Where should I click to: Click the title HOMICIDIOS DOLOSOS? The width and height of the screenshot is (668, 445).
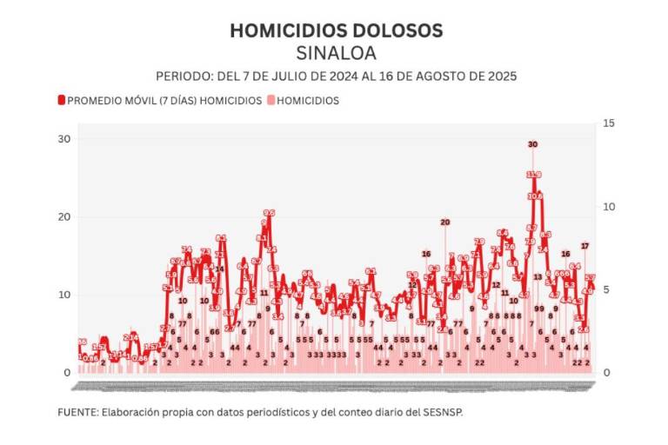[336, 30]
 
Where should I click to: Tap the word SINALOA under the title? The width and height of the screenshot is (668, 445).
[336, 54]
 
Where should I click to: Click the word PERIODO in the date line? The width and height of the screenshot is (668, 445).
[183, 76]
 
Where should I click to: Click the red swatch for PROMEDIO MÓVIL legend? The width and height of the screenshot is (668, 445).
[61, 101]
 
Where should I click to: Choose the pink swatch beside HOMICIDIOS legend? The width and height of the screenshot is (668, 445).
[269, 101]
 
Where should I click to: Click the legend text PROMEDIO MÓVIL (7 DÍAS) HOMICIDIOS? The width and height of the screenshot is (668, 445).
[164, 101]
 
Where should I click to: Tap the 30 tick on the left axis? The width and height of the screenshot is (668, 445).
[63, 139]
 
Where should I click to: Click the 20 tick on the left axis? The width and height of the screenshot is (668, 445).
[63, 216]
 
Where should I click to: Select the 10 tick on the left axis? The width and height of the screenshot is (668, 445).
[63, 295]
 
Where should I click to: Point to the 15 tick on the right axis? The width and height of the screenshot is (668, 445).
[609, 123]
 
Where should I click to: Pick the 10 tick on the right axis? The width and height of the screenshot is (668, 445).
[609, 207]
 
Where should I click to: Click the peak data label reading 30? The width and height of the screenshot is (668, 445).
[532, 144]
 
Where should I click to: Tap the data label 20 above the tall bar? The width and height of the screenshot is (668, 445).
[444, 222]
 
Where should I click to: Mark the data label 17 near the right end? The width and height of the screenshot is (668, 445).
[585, 246]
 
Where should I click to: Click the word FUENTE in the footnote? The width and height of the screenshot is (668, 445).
[77, 412]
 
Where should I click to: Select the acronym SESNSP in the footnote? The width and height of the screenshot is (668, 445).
[443, 412]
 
